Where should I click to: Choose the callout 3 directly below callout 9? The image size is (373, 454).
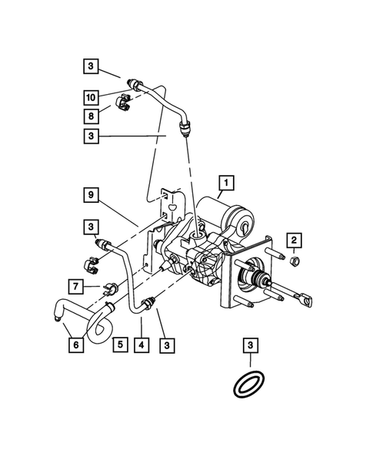click(x=91, y=227)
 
